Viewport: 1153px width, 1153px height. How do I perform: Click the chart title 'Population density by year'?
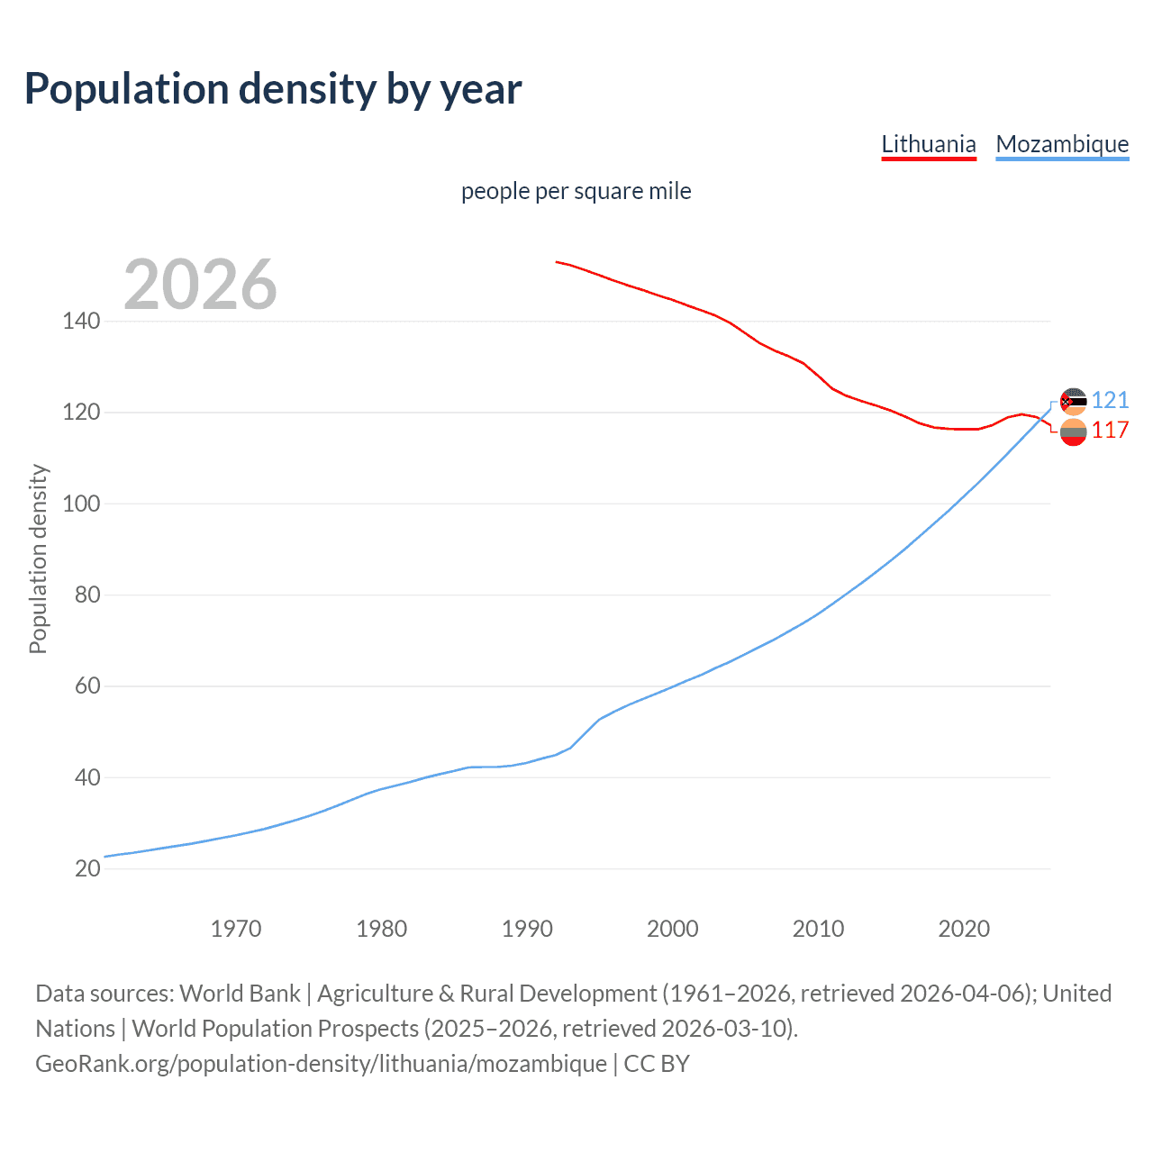pyautogui.click(x=273, y=89)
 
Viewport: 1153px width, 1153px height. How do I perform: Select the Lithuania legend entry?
pyautogui.click(x=928, y=144)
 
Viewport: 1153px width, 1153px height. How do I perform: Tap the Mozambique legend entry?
pyautogui.click(x=1062, y=144)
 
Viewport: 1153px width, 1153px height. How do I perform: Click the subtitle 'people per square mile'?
pyautogui.click(x=576, y=191)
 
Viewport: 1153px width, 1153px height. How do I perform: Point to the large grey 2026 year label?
pyautogui.click(x=200, y=285)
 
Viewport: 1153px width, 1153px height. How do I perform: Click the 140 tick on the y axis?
pyautogui.click(x=81, y=321)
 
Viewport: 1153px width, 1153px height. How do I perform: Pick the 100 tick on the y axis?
pyautogui.click(x=81, y=504)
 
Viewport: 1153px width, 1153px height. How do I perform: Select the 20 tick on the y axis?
pyautogui.click(x=87, y=868)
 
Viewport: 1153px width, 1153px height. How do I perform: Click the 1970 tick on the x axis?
pyautogui.click(x=236, y=929)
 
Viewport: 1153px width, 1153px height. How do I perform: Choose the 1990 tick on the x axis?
pyautogui.click(x=527, y=929)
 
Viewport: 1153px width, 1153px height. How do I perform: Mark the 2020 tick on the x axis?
pyautogui.click(x=964, y=929)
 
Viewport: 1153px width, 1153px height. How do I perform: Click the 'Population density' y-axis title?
pyautogui.click(x=38, y=558)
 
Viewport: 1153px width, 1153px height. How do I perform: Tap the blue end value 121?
pyautogui.click(x=1110, y=400)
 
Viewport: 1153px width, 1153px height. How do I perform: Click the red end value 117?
pyautogui.click(x=1110, y=431)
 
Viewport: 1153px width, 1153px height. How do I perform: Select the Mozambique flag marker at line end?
pyautogui.click(x=1073, y=401)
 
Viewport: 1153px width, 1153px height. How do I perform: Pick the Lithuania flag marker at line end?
pyautogui.click(x=1073, y=432)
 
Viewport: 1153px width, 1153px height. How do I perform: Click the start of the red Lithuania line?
pyautogui.click(x=557, y=262)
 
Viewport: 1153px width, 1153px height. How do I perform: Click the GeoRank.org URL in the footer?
pyautogui.click(x=321, y=1064)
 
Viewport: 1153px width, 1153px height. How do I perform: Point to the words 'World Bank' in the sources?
pyautogui.click(x=240, y=994)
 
